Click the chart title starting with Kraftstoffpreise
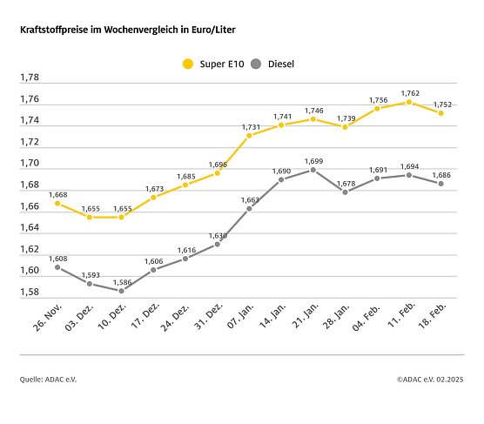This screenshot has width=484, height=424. click(128, 30)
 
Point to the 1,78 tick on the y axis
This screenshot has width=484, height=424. click(30, 77)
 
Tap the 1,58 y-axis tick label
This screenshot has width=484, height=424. click(30, 292)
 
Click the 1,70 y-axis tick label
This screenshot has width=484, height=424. click(30, 164)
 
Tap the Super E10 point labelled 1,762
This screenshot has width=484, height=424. click(409, 102)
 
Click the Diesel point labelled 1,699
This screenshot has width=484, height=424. click(313, 170)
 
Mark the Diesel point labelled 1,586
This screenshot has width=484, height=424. click(121, 291)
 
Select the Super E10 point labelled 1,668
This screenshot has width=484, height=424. click(57, 203)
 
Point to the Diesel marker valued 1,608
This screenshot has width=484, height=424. click(57, 267)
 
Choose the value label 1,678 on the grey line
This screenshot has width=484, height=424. click(345, 183)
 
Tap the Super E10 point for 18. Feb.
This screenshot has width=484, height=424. click(441, 113)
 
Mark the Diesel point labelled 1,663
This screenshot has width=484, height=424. click(249, 208)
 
